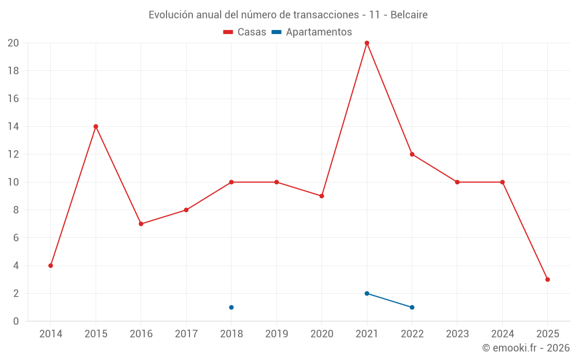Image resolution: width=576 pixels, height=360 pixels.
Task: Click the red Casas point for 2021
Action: pos(367,43)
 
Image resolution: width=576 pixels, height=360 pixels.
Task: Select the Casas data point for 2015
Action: pos(96,127)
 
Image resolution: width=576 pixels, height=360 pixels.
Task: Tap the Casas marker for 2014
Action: pos(51,266)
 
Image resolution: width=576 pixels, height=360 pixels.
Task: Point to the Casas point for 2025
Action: pos(547,279)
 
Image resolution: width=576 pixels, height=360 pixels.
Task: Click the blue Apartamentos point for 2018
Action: pos(231,307)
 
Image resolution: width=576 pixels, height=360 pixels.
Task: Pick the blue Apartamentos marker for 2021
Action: pos(367,293)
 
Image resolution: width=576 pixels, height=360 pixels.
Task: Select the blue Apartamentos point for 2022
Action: pos(412,307)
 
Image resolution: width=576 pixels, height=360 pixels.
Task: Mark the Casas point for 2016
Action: pos(141,224)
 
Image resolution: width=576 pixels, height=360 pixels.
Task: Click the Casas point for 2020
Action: pos(321,196)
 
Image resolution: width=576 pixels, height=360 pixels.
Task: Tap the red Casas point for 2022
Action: pos(412,154)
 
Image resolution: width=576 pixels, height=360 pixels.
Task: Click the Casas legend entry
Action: pos(245,32)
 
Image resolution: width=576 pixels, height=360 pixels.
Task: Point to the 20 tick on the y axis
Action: pos(13,43)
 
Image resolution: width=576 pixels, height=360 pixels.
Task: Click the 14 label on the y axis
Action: pos(13,127)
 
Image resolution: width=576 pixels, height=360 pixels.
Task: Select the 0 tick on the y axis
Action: pos(16,321)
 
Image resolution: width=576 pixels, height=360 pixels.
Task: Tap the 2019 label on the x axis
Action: pos(276,334)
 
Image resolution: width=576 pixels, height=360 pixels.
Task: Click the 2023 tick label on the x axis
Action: pos(457,334)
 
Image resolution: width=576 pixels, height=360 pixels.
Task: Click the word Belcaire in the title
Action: pos(408,15)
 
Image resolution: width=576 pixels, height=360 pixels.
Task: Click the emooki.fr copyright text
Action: pos(526,348)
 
